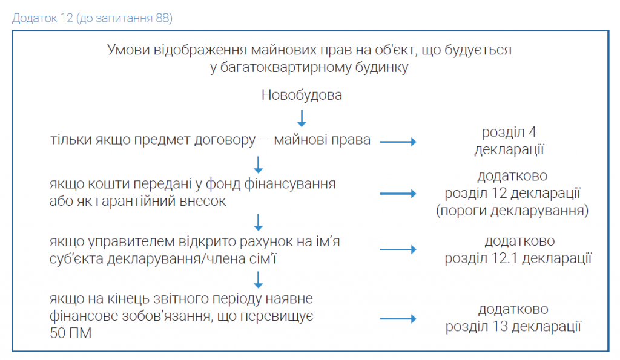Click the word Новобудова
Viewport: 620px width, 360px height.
tap(302, 95)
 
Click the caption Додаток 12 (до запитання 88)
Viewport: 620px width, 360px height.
tap(92, 18)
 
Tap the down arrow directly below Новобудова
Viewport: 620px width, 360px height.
tap(302, 118)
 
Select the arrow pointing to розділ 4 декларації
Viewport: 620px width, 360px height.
tap(398, 142)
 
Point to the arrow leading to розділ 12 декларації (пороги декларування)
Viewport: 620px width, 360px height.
tap(398, 194)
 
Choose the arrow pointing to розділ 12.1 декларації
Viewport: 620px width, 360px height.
tap(398, 249)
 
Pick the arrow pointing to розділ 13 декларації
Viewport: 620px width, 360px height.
tap(398, 318)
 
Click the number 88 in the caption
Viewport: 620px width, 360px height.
tap(162, 18)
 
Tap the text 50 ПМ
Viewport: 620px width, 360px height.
tap(70, 333)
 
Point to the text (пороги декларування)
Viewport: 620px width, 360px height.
tap(512, 211)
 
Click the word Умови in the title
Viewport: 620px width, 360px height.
tap(128, 50)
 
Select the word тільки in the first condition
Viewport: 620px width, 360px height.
tap(70, 140)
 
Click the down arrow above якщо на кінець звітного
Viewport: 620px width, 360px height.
tap(258, 280)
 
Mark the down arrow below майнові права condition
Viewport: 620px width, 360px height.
tap(258, 165)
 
